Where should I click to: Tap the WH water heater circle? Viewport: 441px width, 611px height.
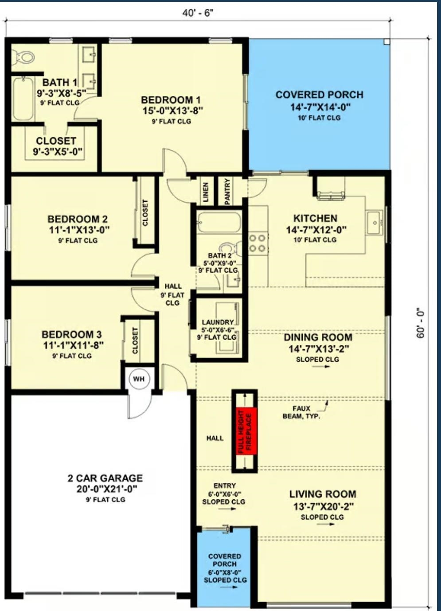pyautogui.click(x=139, y=379)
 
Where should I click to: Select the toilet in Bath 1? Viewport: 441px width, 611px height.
pyautogui.click(x=23, y=57)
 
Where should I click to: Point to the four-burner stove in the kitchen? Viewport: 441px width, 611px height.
pyautogui.click(x=257, y=243)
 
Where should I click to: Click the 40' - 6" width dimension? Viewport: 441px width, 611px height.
pyautogui.click(x=198, y=13)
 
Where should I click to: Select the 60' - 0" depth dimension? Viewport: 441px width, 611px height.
pyautogui.click(x=421, y=323)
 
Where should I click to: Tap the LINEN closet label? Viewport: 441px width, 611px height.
pyautogui.click(x=205, y=192)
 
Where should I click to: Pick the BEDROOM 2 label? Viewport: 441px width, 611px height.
pyautogui.click(x=78, y=219)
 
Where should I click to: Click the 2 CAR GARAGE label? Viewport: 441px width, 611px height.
pyautogui.click(x=105, y=478)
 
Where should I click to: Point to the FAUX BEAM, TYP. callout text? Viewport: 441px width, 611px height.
pyautogui.click(x=301, y=412)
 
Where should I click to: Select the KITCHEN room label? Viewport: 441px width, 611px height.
pyautogui.click(x=315, y=218)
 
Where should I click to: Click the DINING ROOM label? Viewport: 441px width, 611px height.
pyautogui.click(x=318, y=337)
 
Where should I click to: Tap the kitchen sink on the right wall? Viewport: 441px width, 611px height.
pyautogui.click(x=375, y=222)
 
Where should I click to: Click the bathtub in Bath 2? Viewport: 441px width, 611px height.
pyautogui.click(x=219, y=221)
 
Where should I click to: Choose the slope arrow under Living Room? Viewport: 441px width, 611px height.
pyautogui.click(x=326, y=525)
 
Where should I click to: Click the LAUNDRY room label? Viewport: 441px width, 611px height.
pyautogui.click(x=218, y=322)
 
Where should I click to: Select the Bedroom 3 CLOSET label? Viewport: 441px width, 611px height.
pyautogui.click(x=135, y=341)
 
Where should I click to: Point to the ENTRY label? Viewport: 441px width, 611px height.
pyautogui.click(x=224, y=486)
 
